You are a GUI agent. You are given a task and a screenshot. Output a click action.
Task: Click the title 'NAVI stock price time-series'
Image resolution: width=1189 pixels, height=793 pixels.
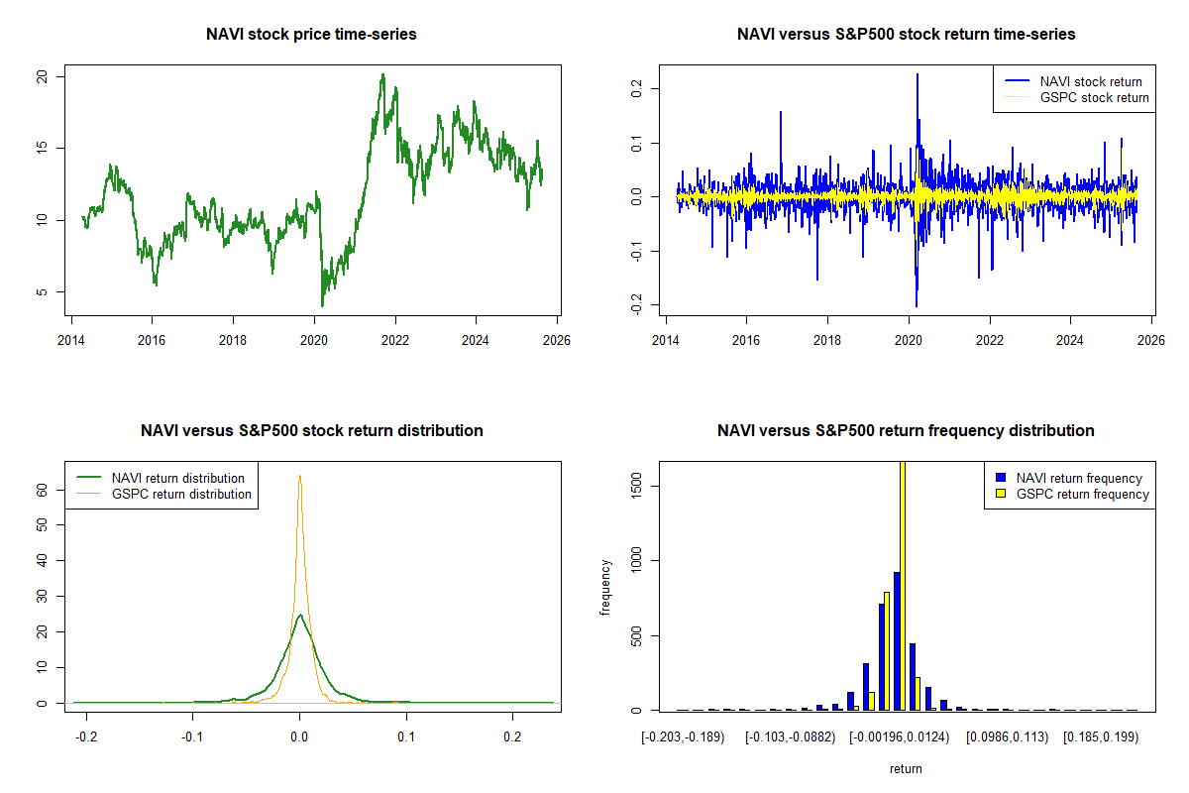point(311,35)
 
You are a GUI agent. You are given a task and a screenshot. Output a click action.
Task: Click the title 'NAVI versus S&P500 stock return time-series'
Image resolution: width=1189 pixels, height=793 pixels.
point(906,35)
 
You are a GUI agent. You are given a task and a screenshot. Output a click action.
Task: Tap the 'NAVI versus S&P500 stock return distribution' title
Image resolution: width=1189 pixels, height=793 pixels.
point(311,431)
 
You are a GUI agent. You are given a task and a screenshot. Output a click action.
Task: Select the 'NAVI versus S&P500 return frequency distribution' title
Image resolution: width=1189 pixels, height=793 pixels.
point(906,431)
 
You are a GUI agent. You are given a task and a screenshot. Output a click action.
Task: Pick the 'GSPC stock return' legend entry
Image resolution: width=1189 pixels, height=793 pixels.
point(1094,98)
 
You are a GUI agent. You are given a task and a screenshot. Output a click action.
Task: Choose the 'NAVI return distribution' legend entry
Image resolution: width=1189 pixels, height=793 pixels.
point(177,478)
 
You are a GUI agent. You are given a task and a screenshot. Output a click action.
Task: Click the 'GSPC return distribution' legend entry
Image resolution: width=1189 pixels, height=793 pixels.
point(181,494)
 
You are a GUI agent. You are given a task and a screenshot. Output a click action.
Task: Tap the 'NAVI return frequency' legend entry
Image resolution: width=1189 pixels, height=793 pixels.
point(1079,478)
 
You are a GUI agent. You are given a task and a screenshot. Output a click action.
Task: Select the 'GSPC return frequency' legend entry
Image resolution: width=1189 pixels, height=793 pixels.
point(1083,494)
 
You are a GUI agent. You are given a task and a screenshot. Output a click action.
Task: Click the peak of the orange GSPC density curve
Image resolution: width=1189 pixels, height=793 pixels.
point(299,476)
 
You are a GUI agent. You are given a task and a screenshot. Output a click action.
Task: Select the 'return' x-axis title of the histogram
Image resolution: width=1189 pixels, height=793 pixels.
point(906,768)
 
